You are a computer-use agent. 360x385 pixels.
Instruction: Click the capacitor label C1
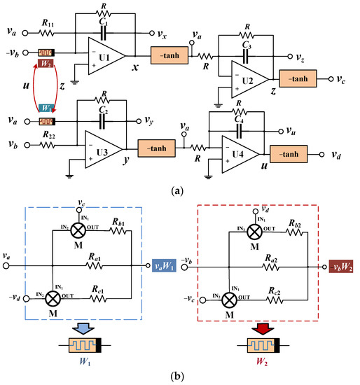pyautogui.click(x=103, y=23)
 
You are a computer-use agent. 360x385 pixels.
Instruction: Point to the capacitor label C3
pyautogui.click(x=247, y=45)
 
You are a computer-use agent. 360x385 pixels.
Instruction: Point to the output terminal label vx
pyautogui.click(x=162, y=32)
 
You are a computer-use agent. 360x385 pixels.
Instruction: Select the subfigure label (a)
pyautogui.click(x=180, y=187)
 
